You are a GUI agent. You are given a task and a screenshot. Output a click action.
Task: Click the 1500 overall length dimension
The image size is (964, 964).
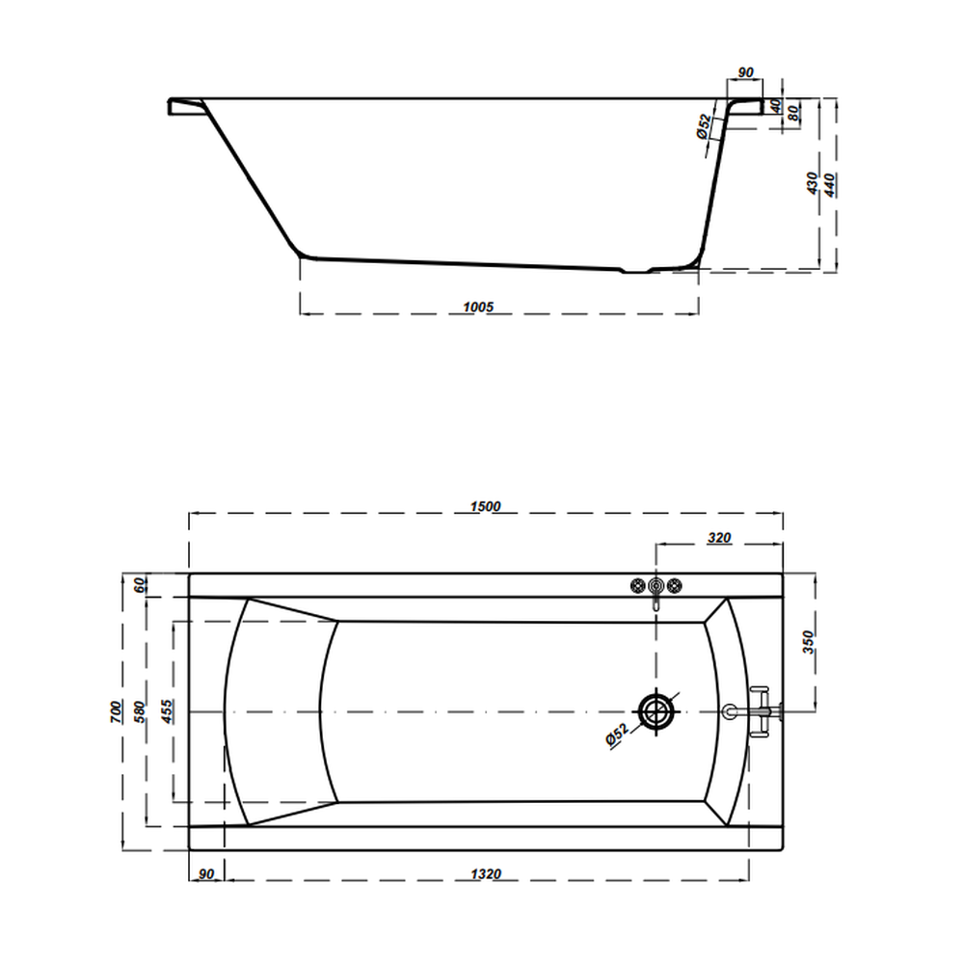point(486,507)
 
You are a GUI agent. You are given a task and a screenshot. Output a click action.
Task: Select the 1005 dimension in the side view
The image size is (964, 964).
point(478,307)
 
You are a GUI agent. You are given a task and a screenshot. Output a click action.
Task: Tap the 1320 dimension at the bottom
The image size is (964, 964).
point(486,873)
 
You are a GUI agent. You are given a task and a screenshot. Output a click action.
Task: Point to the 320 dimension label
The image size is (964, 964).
point(719,538)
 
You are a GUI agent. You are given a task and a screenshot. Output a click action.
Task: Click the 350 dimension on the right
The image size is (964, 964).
point(809,642)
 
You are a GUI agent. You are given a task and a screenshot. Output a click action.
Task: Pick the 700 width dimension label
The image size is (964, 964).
point(117,711)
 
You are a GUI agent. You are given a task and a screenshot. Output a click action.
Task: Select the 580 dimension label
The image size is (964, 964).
point(140,711)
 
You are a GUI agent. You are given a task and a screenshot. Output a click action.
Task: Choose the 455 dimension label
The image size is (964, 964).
point(167,711)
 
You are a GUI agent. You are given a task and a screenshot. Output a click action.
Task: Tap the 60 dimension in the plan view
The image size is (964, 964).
point(142,585)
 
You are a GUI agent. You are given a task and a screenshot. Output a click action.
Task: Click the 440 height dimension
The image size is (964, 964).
point(829,185)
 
